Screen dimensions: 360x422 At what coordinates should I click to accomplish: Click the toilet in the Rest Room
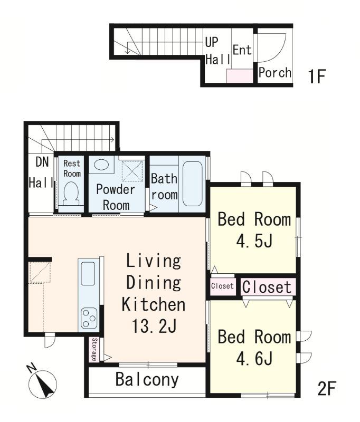[71, 193]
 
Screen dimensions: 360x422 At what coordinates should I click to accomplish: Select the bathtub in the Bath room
[192, 184]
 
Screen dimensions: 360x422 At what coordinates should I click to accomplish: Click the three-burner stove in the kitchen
[89, 319]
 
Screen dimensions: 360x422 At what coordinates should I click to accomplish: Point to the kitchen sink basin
[88, 273]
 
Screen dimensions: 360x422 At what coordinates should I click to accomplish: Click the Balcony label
[147, 379]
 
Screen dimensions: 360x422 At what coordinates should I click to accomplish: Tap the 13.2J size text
[154, 326]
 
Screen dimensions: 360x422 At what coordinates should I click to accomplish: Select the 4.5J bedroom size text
[254, 241]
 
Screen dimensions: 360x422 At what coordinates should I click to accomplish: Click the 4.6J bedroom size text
[254, 358]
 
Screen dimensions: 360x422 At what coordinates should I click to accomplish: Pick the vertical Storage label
[94, 349]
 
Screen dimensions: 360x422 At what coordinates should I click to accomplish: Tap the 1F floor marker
[317, 76]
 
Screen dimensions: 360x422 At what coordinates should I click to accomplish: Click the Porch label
[275, 72]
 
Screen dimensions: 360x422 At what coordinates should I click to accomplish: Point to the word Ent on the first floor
[242, 50]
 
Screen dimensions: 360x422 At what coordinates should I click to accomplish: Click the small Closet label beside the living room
[222, 285]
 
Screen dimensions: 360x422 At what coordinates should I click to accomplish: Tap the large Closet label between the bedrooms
[267, 287]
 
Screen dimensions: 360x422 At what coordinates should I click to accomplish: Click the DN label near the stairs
[42, 162]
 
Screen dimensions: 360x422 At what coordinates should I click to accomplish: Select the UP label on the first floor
[212, 42]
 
